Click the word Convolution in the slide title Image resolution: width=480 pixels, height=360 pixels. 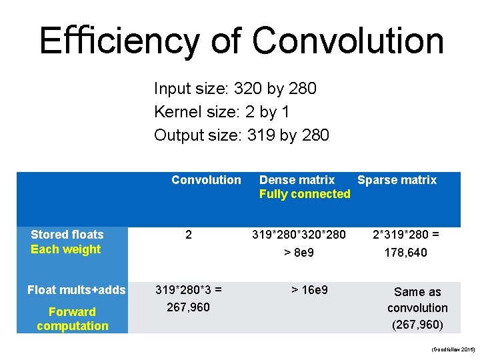(x=348, y=41)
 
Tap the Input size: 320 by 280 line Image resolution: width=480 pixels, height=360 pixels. (x=235, y=89)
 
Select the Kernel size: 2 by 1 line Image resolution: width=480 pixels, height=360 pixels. (x=221, y=112)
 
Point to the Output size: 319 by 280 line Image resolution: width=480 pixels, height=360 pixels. (x=241, y=135)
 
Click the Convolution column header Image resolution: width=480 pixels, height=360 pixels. (x=206, y=180)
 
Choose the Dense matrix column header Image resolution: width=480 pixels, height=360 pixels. (x=297, y=180)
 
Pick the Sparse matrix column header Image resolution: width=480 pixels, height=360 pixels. (x=397, y=180)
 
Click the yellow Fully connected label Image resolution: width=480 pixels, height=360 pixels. (x=305, y=194)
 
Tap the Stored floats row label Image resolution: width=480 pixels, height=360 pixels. (x=67, y=235)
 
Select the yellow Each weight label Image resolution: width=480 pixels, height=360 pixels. (x=65, y=249)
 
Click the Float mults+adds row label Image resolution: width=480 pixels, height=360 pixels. (x=76, y=290)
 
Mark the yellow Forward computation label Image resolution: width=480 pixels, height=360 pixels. (x=72, y=319)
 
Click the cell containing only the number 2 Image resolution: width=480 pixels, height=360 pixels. (x=189, y=235)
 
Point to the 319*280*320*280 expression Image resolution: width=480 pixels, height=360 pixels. (x=299, y=235)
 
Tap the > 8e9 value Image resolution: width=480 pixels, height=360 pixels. (x=299, y=253)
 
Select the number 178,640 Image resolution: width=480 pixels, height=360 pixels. (x=405, y=253)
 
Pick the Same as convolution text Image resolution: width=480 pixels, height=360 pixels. (x=417, y=300)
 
